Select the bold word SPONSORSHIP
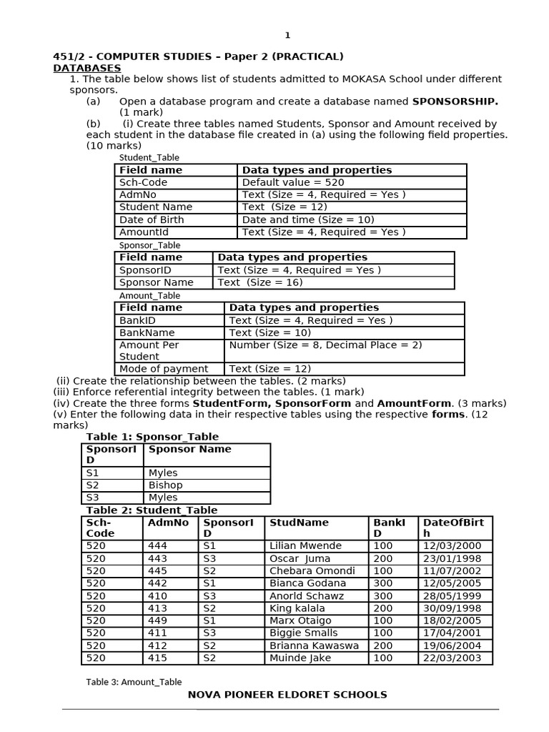(455, 102)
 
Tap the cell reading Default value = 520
(293, 182)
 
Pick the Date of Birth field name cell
(152, 219)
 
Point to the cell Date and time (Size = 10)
(308, 219)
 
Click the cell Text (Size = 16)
(260, 282)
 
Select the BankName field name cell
(147, 332)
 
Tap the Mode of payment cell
(164, 369)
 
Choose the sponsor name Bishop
(165, 485)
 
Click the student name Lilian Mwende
(305, 546)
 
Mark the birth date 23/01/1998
(452, 558)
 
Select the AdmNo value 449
(157, 620)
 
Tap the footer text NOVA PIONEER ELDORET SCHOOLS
(287, 695)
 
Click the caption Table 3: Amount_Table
(134, 682)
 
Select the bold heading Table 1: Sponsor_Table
(152, 437)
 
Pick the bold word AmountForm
(415, 404)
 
